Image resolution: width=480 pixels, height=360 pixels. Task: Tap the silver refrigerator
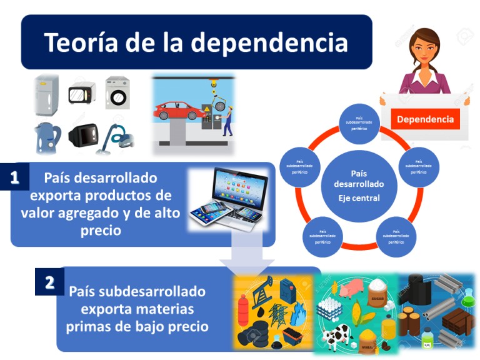pyautogui.click(x=46, y=95)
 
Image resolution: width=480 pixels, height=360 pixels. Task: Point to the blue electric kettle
pyautogui.click(x=46, y=138)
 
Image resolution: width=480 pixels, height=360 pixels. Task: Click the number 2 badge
pyautogui.click(x=49, y=282)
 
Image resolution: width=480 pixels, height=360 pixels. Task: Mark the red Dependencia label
pyautogui.click(x=425, y=119)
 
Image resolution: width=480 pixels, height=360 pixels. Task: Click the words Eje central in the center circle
pyautogui.click(x=354, y=199)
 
